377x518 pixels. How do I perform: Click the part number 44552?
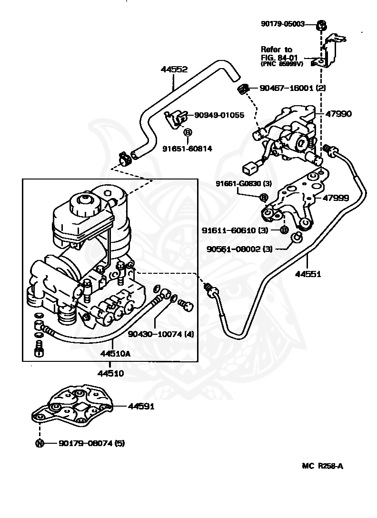click(x=174, y=70)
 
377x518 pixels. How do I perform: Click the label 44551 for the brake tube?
click(x=308, y=274)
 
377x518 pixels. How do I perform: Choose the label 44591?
click(x=141, y=407)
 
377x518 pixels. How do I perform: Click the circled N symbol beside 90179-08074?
click(x=40, y=443)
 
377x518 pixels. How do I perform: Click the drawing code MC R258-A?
click(x=322, y=466)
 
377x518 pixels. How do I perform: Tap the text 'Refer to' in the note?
click(x=277, y=50)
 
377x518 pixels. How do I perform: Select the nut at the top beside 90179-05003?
click(x=322, y=24)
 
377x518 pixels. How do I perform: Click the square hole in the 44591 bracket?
click(x=80, y=408)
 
